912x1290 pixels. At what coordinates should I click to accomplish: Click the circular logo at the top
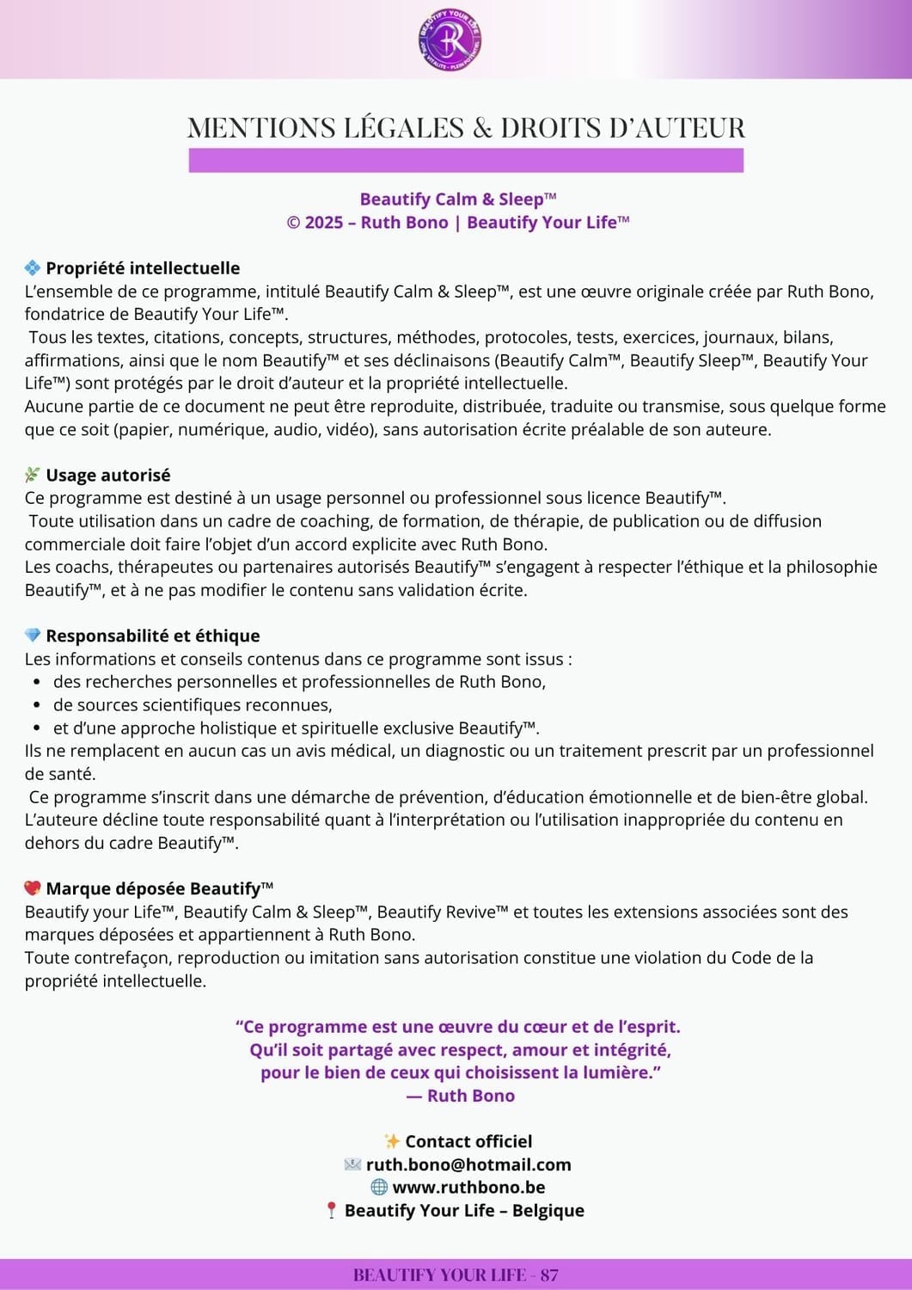(x=449, y=40)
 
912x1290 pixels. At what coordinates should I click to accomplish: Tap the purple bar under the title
(x=466, y=160)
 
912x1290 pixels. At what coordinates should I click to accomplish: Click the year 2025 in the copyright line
(x=323, y=222)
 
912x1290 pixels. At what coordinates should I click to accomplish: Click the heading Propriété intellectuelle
(x=143, y=268)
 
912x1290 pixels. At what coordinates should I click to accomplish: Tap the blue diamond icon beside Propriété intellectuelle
(x=33, y=268)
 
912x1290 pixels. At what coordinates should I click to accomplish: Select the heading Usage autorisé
(x=108, y=475)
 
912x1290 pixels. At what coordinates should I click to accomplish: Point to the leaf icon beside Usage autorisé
(x=33, y=475)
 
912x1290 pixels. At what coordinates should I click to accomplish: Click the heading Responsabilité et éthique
(x=153, y=636)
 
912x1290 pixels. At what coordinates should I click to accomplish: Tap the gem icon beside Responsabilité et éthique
(x=33, y=636)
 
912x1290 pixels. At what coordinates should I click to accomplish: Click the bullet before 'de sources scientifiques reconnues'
(x=37, y=705)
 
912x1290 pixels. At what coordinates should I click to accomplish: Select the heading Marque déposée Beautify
(x=159, y=888)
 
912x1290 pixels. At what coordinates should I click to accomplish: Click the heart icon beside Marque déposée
(x=33, y=888)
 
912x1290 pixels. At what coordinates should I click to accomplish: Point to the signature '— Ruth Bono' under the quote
(x=461, y=1096)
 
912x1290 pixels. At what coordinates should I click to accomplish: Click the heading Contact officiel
(x=468, y=1141)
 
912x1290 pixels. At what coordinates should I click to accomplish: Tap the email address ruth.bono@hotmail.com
(x=468, y=1164)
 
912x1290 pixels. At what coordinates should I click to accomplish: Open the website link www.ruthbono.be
(x=468, y=1187)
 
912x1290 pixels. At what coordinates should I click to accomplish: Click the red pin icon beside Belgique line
(x=331, y=1211)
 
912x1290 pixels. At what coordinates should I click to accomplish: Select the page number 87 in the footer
(x=549, y=1275)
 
